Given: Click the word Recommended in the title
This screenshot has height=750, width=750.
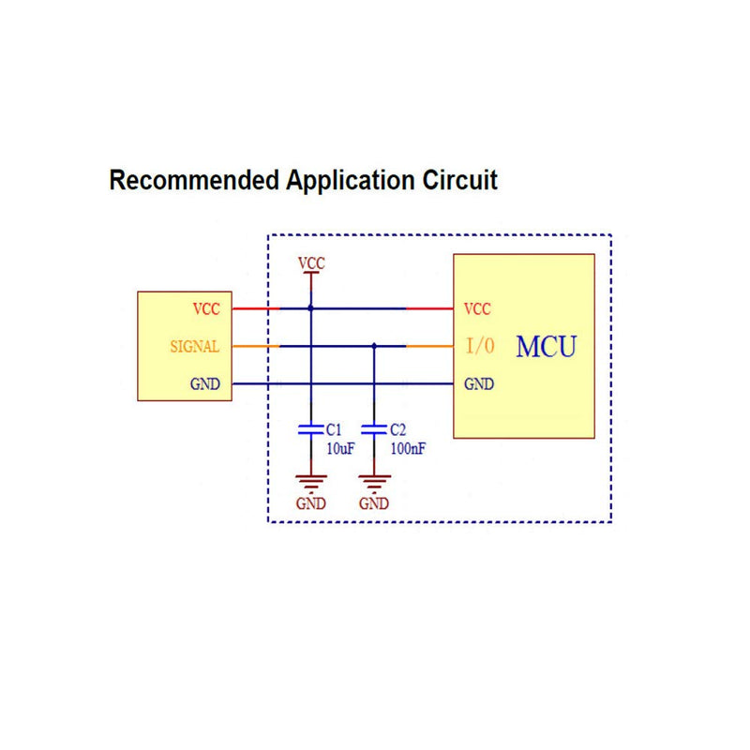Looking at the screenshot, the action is (195, 180).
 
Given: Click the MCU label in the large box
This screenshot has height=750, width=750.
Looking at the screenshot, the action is (547, 347).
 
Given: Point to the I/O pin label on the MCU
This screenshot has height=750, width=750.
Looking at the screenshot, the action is (480, 345).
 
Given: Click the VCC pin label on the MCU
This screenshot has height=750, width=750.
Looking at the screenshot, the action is (477, 309).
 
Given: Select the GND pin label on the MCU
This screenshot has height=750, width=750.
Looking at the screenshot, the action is (479, 384).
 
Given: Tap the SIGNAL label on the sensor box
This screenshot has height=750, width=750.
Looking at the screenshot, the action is (195, 346).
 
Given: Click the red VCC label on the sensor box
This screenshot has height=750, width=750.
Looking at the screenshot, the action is (206, 309).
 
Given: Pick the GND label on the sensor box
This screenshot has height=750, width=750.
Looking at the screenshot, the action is (205, 384).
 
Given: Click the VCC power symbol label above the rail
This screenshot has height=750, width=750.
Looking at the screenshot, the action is (311, 263).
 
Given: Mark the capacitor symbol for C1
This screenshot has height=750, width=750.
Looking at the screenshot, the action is (311, 429).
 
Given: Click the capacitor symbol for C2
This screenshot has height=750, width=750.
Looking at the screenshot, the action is (374, 429).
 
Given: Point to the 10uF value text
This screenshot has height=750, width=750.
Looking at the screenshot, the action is (340, 449).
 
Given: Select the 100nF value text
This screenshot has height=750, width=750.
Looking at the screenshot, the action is (408, 449).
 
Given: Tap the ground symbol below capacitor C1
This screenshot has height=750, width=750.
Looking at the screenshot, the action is (311, 483).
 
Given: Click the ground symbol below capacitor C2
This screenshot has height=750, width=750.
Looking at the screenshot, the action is (374, 483).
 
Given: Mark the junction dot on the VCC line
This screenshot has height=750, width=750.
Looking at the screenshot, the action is (311, 308).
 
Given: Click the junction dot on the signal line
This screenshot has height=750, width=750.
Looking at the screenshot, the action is (374, 346).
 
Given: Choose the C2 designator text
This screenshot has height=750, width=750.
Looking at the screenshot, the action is (397, 429).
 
